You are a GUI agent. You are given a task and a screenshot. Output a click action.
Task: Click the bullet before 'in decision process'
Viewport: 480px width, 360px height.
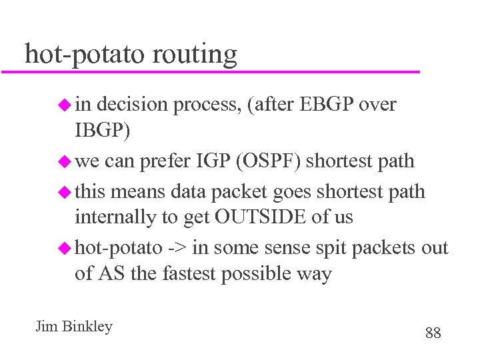point(64,105)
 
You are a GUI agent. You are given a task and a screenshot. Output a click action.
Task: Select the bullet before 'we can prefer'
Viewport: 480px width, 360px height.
point(64,161)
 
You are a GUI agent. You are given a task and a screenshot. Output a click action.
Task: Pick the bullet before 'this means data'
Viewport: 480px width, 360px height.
point(64,192)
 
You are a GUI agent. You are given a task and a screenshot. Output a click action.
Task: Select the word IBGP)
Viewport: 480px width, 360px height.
point(103,131)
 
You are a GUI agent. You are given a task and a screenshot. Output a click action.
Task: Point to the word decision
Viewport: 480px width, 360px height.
point(136,105)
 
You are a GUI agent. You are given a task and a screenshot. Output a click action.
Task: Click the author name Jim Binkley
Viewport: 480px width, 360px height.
point(74,327)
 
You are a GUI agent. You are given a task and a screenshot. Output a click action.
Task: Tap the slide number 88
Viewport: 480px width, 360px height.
point(433,333)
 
